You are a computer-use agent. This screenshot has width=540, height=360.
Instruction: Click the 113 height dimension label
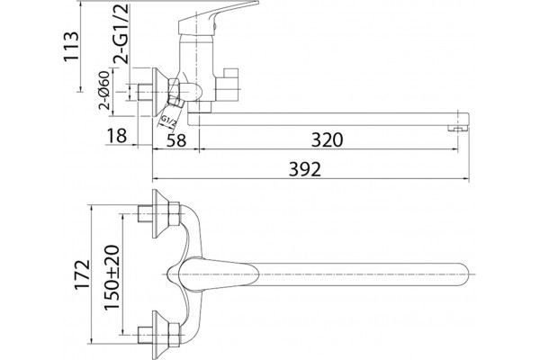(71, 47)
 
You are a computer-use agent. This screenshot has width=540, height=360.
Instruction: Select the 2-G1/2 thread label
(121, 34)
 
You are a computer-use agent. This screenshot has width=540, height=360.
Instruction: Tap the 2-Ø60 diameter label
(104, 90)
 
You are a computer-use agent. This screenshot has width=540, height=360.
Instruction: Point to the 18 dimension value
(117, 135)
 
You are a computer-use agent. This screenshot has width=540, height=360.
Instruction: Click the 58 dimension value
(176, 140)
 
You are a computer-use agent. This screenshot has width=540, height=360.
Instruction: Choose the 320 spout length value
(328, 139)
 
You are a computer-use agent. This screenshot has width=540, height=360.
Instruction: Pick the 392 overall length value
(305, 169)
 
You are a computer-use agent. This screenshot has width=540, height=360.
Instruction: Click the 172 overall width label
(83, 274)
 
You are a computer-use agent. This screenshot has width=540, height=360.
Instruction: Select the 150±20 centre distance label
(112, 277)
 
